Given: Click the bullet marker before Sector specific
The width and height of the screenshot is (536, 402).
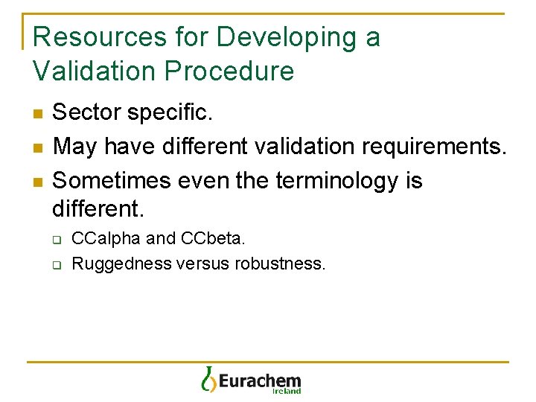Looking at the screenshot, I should (x=38, y=113).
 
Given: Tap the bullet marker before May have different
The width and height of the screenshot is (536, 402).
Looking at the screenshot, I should (x=38, y=147).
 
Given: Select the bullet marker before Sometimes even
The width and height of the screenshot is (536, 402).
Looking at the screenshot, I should (x=38, y=182).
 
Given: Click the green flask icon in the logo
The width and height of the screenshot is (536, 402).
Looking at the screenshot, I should (x=208, y=379).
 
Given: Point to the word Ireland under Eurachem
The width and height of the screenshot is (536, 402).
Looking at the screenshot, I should (x=287, y=390).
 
